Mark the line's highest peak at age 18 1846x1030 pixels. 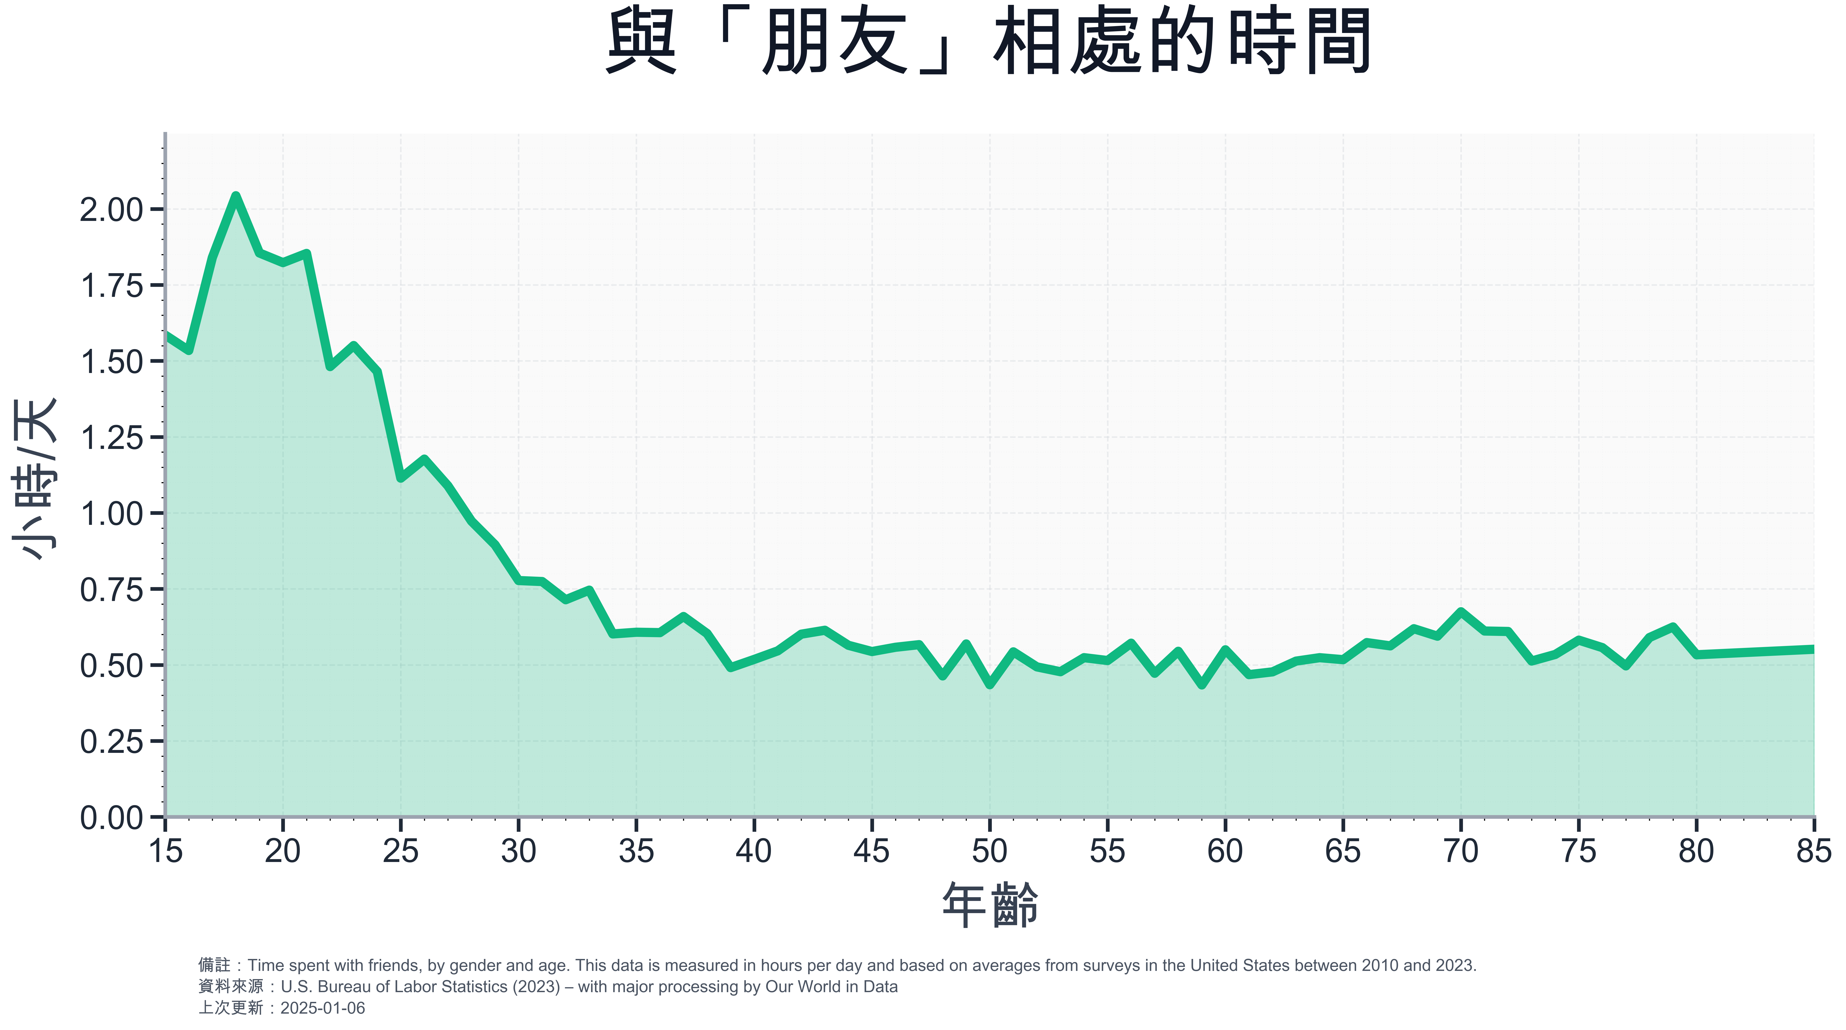(236, 195)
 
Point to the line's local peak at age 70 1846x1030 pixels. (1461, 612)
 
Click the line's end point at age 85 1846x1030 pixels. (1813, 649)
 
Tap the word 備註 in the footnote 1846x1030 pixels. (214, 966)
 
